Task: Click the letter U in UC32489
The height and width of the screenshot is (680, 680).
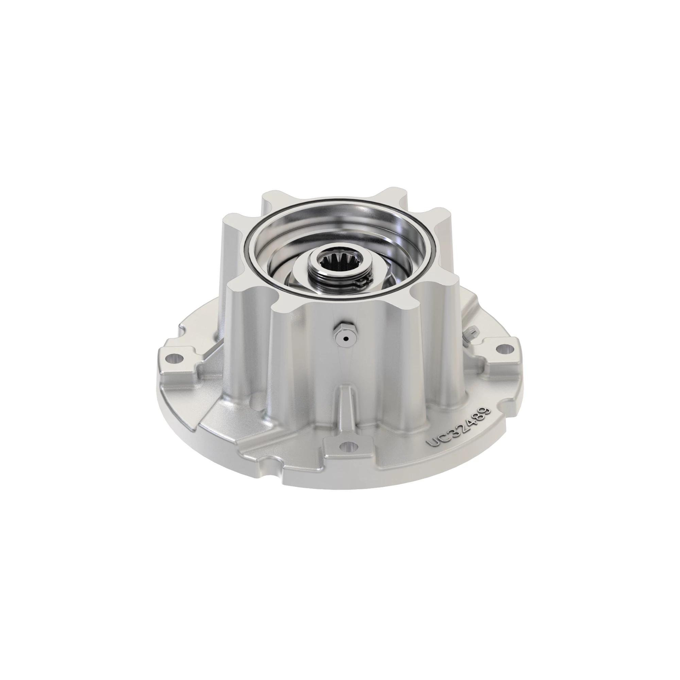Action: pos(432,442)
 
